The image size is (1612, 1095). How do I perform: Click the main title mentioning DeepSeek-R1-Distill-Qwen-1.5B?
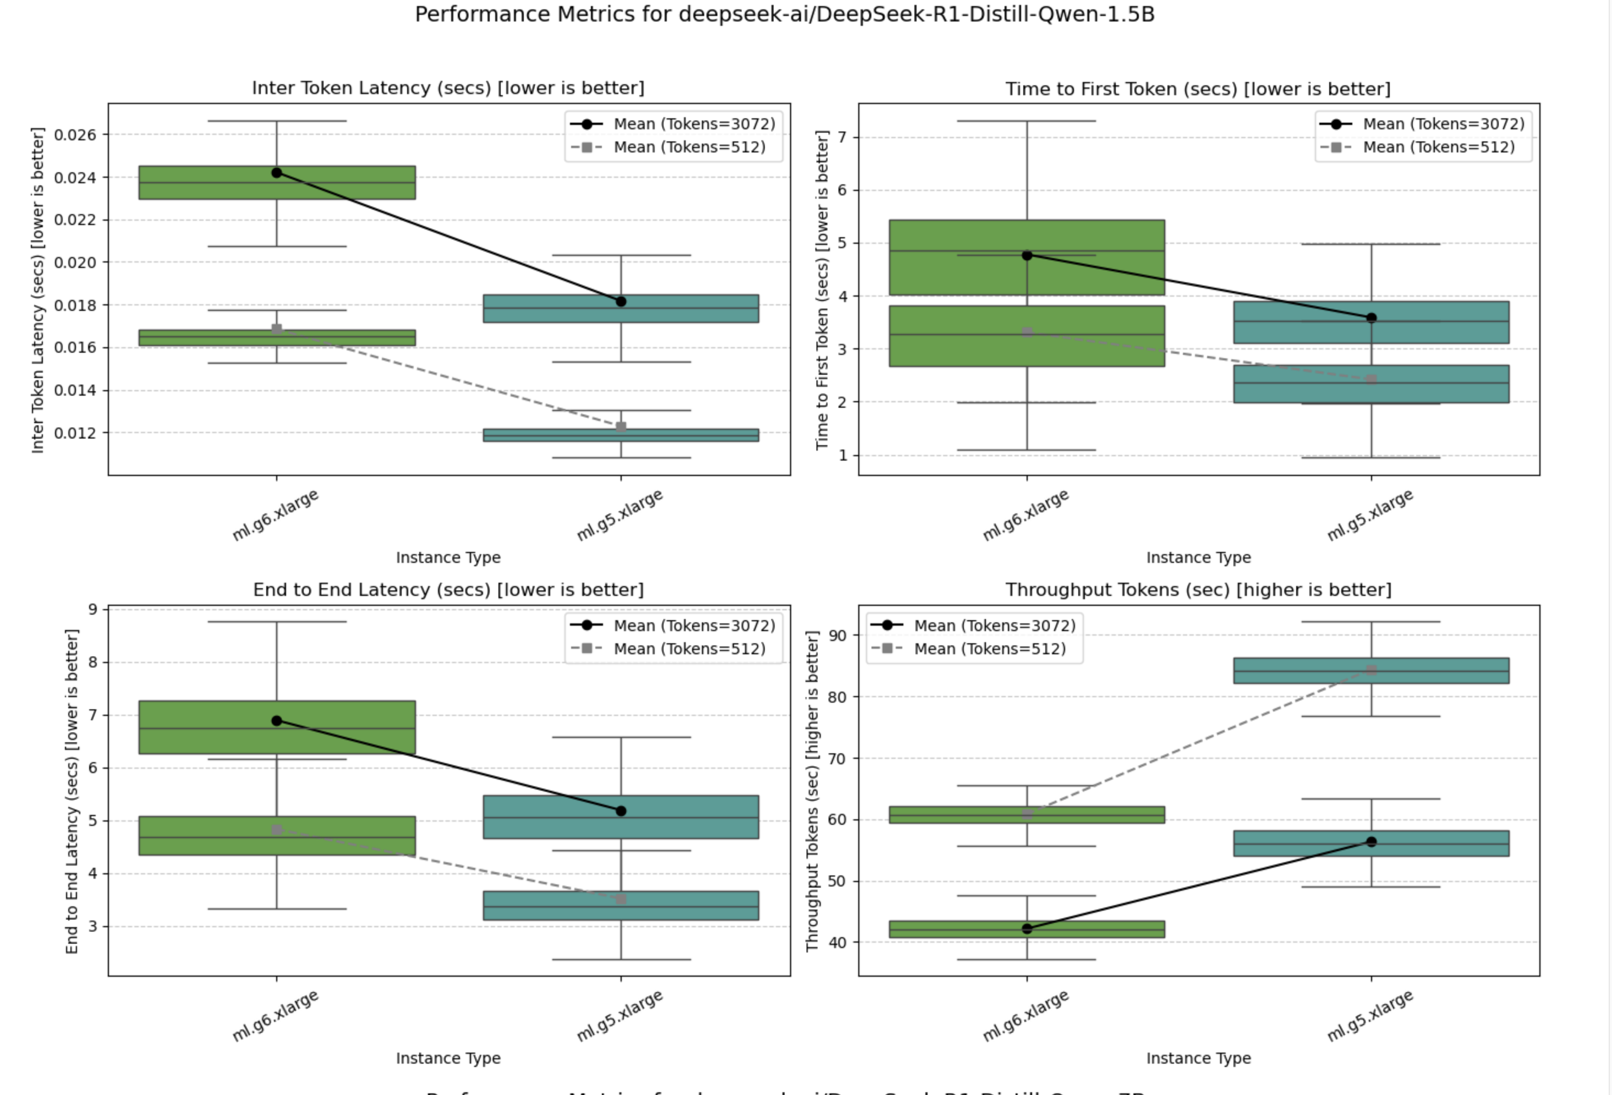785,14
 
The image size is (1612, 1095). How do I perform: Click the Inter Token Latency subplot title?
448,88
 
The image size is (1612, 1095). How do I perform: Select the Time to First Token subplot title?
1198,89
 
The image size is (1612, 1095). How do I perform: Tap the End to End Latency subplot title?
448,590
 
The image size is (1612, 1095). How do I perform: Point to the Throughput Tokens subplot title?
1198,590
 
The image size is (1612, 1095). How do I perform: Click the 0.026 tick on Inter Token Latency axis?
75,135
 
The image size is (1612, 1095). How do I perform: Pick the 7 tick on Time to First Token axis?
842,138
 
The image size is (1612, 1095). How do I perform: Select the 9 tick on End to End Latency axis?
93,609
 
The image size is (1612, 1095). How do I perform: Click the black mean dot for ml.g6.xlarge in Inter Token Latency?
277,173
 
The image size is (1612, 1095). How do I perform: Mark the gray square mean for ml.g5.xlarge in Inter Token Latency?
621,427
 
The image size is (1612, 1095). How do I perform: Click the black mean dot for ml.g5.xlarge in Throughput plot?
1372,842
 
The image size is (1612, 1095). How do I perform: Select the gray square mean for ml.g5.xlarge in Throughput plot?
1372,670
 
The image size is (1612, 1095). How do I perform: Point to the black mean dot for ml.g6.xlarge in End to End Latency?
277,721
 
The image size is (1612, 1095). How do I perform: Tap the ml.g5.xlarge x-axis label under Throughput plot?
1370,1016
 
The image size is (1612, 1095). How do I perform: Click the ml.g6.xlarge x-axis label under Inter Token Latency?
276,515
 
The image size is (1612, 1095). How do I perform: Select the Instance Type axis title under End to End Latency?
448,1058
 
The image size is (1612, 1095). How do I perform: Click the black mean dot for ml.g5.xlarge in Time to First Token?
1372,318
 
